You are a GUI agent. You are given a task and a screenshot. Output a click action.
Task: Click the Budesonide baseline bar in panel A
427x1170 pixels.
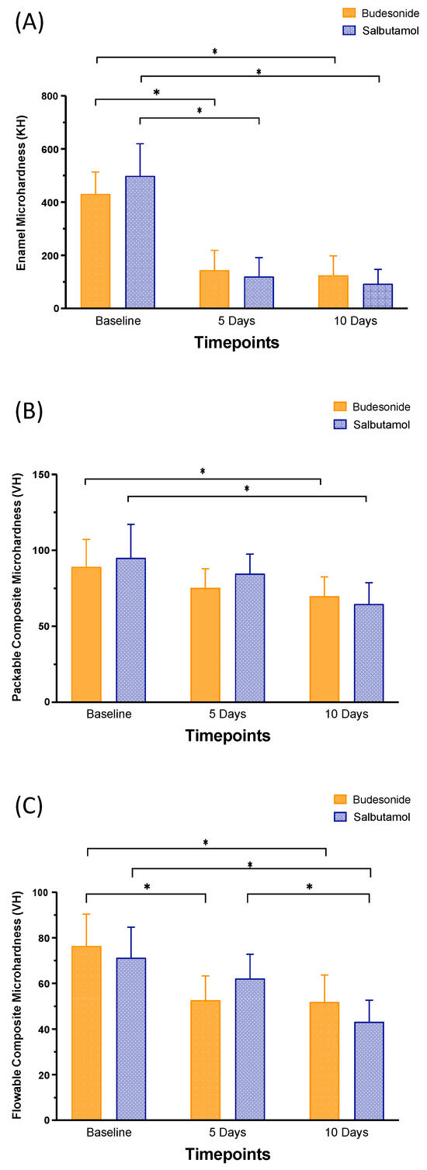coord(95,251)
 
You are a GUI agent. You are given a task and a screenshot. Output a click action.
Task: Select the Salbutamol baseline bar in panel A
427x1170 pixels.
coord(140,242)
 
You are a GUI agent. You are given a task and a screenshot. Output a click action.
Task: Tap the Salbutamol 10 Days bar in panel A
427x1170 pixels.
coord(378,296)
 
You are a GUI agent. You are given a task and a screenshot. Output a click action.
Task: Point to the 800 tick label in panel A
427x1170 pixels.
coord(52,96)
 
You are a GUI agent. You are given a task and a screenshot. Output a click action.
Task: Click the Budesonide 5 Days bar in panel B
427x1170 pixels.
coord(205,645)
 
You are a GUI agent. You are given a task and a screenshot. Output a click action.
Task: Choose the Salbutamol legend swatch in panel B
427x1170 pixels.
coord(338,425)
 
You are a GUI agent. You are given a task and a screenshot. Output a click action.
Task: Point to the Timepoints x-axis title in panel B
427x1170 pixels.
coord(227,736)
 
